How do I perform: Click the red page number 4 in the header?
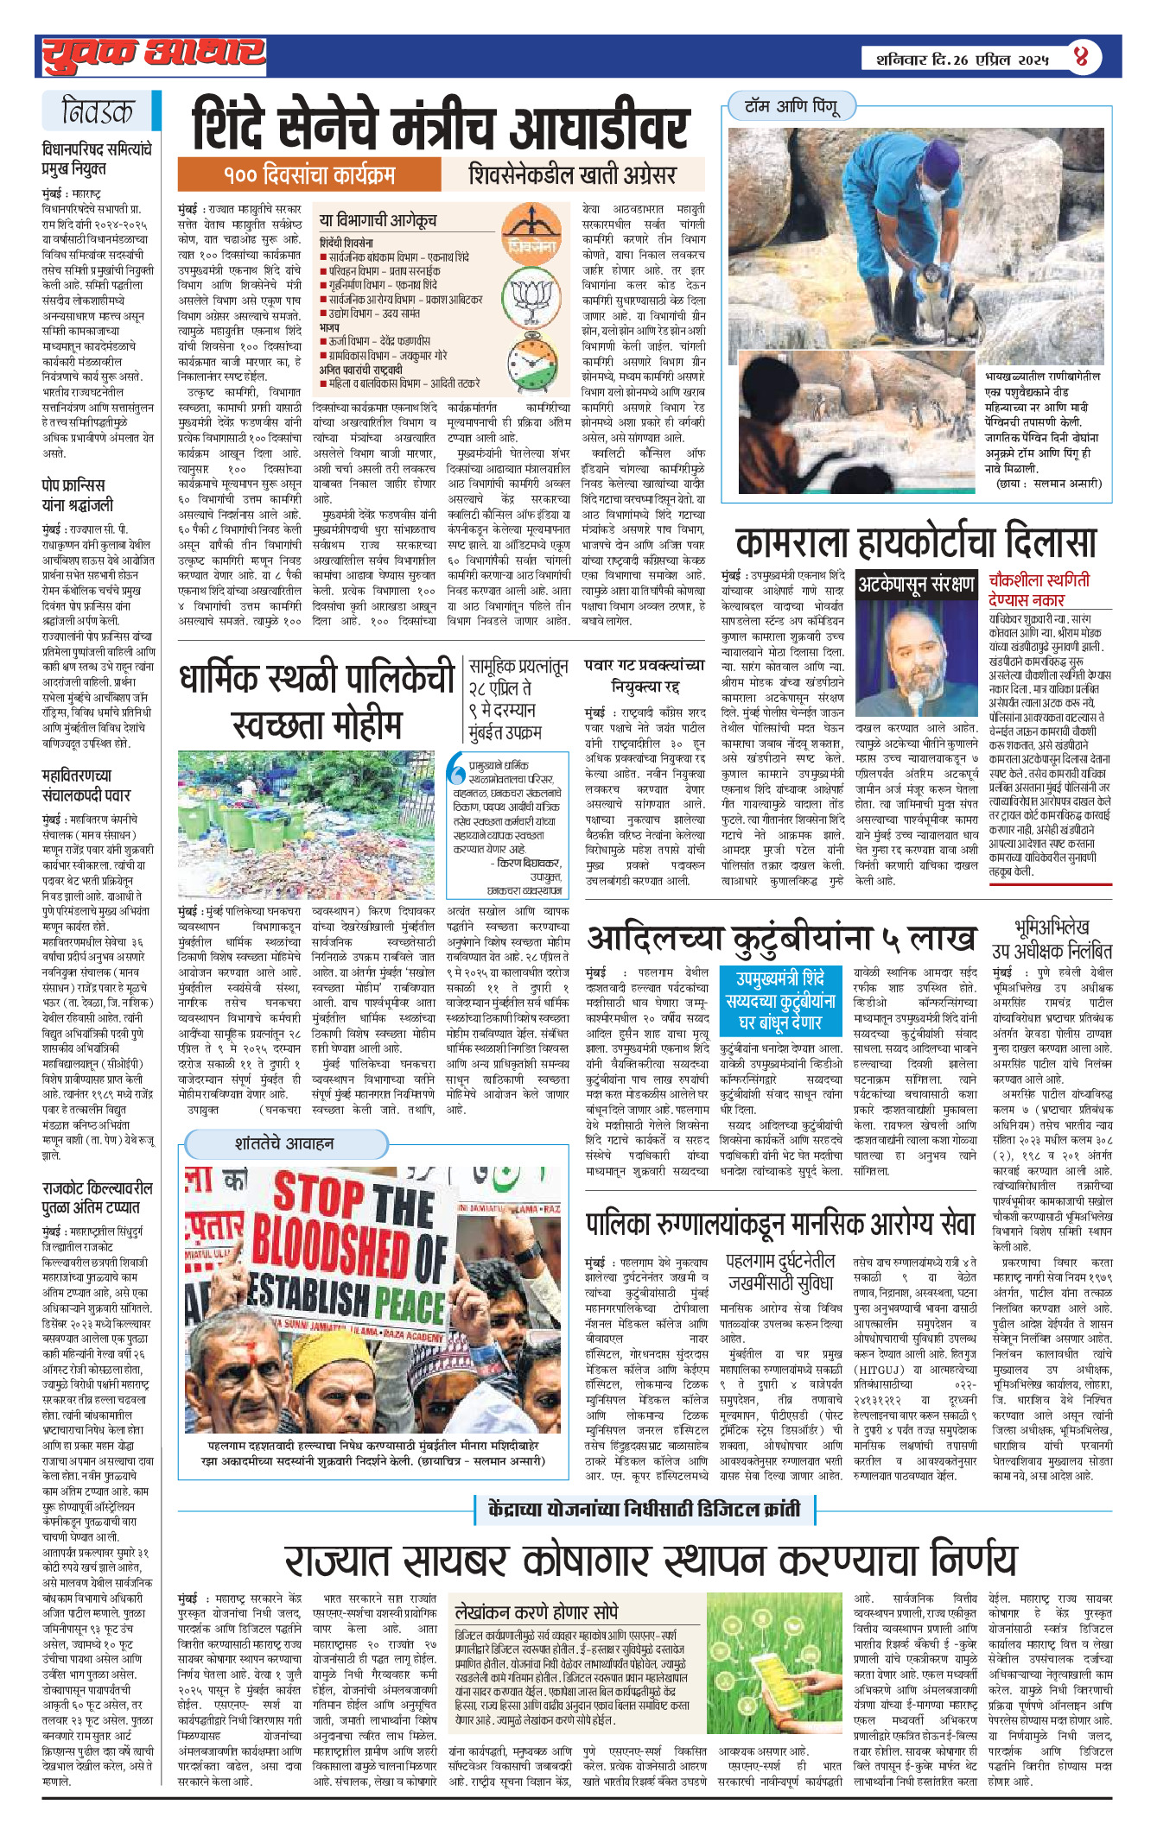click(x=1081, y=57)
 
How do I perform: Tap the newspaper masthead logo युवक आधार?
click(x=154, y=55)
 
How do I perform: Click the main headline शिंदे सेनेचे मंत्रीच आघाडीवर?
click(x=441, y=126)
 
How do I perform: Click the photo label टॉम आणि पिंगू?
click(x=791, y=106)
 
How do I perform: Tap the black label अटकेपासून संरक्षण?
click(x=915, y=585)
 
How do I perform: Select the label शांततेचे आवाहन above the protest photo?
click(x=284, y=1143)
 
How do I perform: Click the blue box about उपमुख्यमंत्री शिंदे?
click(x=781, y=1000)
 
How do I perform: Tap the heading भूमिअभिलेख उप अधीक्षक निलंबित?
click(x=1052, y=940)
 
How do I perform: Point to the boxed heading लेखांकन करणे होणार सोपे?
click(x=537, y=1612)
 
